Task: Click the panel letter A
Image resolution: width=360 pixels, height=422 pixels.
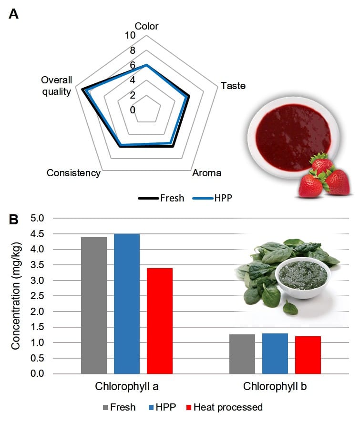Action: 14,14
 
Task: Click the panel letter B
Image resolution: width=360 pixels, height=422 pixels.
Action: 14,220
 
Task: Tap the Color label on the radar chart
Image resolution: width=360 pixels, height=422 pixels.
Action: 146,26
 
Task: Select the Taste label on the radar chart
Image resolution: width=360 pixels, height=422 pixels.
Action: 233,86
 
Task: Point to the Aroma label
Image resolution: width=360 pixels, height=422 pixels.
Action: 206,173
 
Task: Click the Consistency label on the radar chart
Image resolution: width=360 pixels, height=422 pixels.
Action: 73,173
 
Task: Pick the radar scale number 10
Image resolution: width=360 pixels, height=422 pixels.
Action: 130,35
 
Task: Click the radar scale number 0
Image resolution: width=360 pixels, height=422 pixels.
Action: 132,110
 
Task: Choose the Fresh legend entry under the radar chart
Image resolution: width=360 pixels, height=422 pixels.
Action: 161,198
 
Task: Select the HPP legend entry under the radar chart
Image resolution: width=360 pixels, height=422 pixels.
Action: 212,198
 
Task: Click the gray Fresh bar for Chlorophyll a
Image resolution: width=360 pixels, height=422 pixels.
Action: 94,305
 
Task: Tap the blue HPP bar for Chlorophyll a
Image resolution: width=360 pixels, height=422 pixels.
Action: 127,304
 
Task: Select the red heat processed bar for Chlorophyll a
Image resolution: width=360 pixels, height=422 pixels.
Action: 160,321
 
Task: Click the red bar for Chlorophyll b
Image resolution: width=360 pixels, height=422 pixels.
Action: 308,355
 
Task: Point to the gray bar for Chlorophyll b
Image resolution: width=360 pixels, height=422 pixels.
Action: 242,354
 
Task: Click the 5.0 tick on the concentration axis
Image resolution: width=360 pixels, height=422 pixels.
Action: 37,218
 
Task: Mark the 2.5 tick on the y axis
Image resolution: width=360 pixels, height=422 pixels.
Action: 37,296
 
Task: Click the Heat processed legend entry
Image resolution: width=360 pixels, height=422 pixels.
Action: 225,407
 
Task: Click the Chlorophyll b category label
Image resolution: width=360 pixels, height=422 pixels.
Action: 275,386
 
